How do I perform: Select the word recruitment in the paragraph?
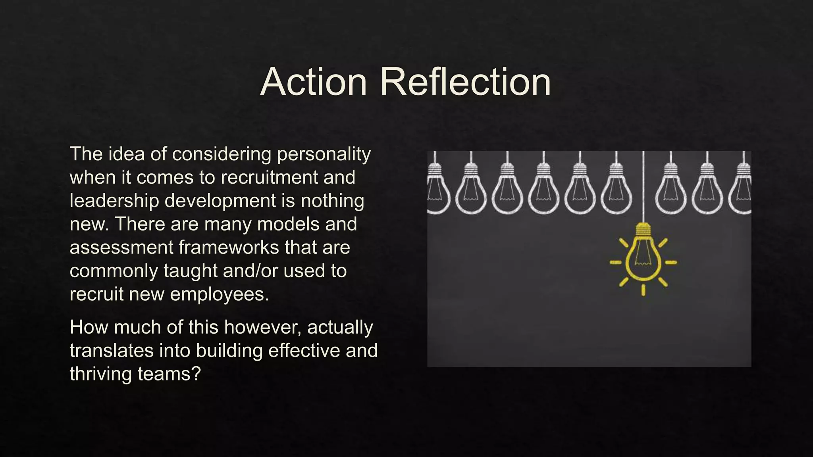click(269, 177)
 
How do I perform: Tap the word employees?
click(220, 294)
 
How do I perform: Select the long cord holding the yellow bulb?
click(643, 186)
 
